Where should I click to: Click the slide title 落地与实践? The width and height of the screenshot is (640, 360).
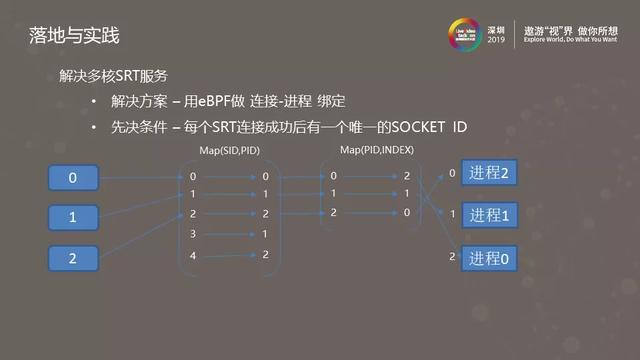tap(73, 37)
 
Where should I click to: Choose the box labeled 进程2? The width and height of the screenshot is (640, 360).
tap(490, 173)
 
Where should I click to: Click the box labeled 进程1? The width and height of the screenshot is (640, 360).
tap(490, 215)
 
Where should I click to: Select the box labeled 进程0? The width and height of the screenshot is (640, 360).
tap(490, 258)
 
